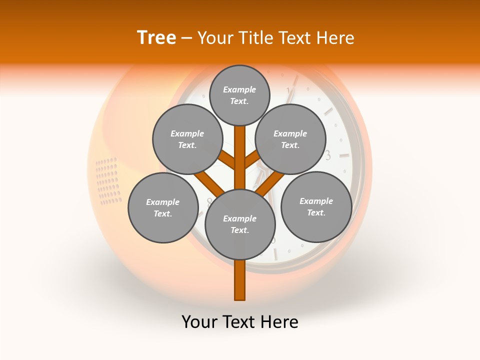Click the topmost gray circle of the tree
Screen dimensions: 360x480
[239, 95]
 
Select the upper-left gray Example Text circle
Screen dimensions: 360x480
[187, 139]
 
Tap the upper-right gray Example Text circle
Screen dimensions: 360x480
[290, 139]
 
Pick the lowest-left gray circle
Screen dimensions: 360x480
[163, 208]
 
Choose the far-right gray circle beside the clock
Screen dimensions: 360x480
[316, 207]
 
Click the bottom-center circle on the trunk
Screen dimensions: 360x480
[240, 224]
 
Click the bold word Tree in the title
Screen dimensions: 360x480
[156, 38]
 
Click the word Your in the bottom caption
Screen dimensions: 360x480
[199, 322]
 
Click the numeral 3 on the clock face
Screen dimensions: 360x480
[328, 155]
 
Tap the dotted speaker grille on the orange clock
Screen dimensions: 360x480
[108, 181]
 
